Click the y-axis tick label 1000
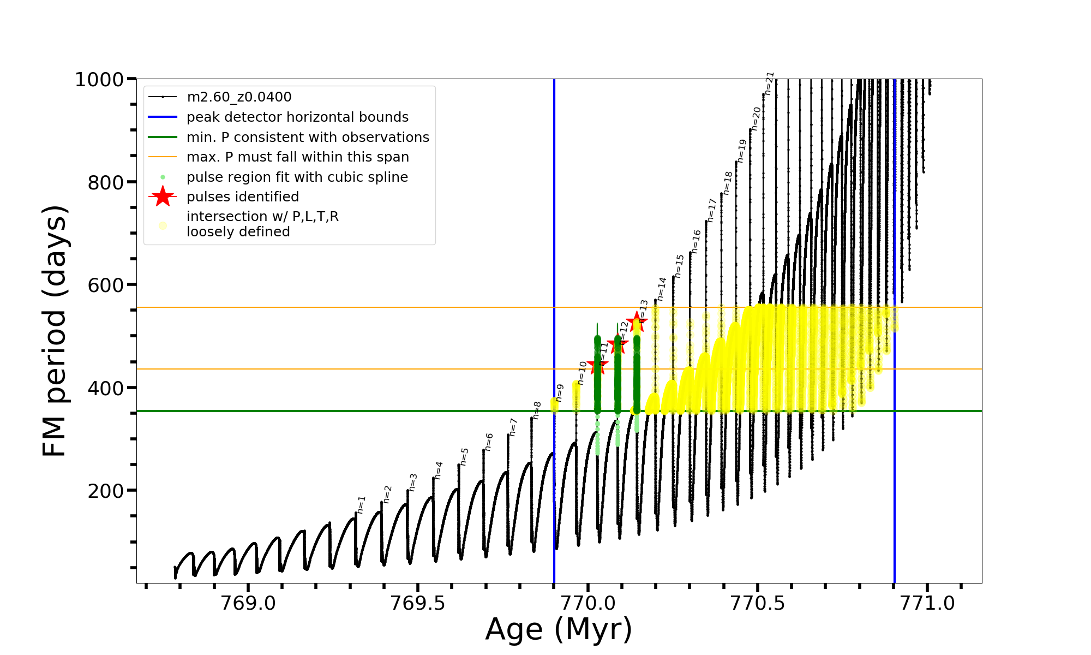point(99,80)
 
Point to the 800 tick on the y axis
point(106,182)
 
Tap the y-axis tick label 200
point(106,491)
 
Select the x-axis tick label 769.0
point(248,603)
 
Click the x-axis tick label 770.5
point(757,603)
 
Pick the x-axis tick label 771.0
point(927,603)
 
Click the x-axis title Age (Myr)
point(559,629)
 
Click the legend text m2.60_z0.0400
point(239,97)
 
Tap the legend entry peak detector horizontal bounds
point(297,117)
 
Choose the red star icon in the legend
point(163,196)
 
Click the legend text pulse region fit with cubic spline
point(297,177)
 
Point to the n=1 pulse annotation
point(361,505)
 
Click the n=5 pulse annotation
point(464,456)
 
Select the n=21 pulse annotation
point(769,83)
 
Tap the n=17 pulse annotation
point(712,210)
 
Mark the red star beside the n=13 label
point(636,321)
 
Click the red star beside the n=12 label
point(618,344)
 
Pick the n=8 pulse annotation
point(537,410)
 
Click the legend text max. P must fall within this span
point(298,157)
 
